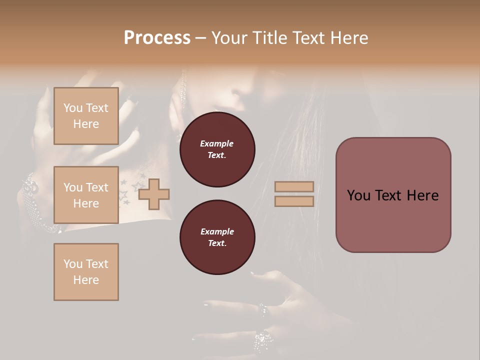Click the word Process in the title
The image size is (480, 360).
[157, 38]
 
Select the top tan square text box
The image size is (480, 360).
[86, 116]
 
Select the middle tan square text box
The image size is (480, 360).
[86, 195]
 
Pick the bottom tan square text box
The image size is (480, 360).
[86, 272]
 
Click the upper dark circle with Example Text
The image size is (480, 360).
[217, 149]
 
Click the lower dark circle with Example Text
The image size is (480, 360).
[217, 237]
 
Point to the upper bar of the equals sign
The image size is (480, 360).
[294, 186]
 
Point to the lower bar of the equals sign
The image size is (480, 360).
[294, 201]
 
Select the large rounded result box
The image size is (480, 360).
[393, 195]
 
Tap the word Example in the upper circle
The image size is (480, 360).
[217, 143]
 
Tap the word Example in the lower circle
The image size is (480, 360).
[217, 231]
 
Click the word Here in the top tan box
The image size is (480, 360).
[86, 124]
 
